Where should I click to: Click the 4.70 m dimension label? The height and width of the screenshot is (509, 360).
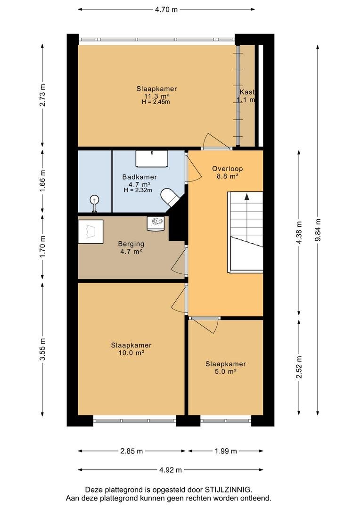tap(166, 9)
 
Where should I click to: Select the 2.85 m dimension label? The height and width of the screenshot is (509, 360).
tap(131, 451)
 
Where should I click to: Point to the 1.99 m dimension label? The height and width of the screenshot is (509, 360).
tap(226, 451)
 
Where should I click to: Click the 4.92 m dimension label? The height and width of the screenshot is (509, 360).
tap(171, 470)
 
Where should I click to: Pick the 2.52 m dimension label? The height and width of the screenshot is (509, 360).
tap(299, 367)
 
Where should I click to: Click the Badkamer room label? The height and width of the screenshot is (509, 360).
tap(139, 177)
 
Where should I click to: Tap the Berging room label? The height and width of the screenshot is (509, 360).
tap(131, 244)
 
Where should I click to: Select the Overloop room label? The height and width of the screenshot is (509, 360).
tap(228, 168)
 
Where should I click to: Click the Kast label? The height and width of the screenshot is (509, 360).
tap(247, 92)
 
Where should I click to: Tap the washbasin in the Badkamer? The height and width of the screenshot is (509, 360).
tap(152, 158)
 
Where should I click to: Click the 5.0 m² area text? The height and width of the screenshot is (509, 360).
tap(225, 371)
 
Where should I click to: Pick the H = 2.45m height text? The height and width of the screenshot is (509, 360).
tap(156, 102)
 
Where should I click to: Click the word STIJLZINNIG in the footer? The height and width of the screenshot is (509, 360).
tap(228, 489)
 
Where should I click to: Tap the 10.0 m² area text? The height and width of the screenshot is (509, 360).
tap(131, 353)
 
